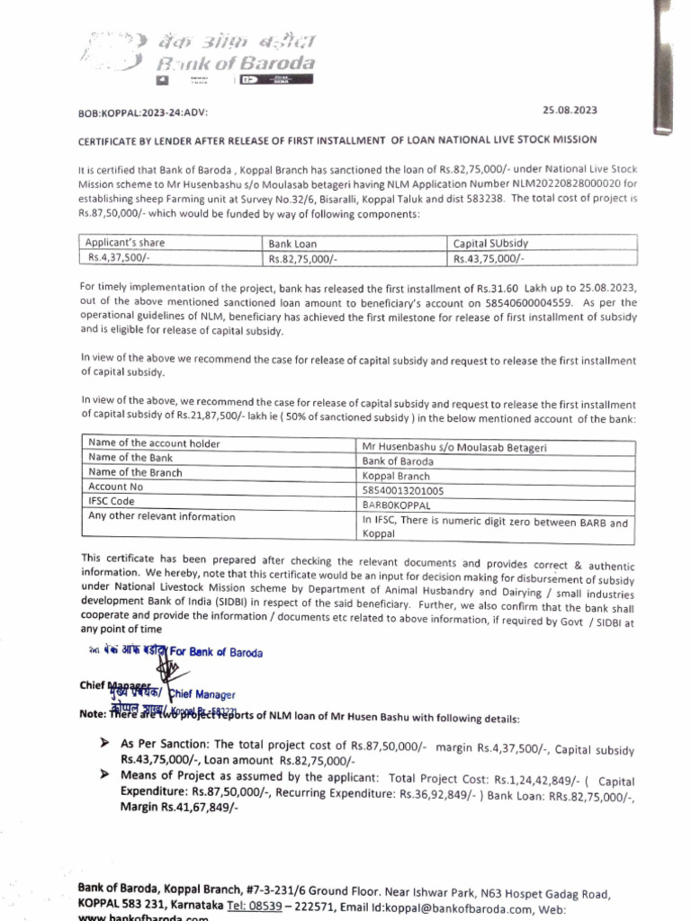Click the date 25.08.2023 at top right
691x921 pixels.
pyautogui.click(x=570, y=110)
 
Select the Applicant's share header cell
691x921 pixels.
pyautogui.click(x=125, y=243)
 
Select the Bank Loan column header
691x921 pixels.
pyautogui.click(x=293, y=244)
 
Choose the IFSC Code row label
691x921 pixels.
pyautogui.click(x=112, y=501)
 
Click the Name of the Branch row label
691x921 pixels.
pyautogui.click(x=135, y=472)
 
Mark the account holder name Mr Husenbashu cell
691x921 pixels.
pyautogui.click(x=453, y=447)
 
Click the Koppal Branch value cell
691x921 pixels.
pyautogui.click(x=396, y=476)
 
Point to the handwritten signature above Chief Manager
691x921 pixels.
pyautogui.click(x=166, y=673)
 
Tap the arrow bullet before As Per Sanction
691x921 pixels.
pyautogui.click(x=104, y=745)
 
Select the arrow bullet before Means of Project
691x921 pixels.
pyautogui.click(x=104, y=776)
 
